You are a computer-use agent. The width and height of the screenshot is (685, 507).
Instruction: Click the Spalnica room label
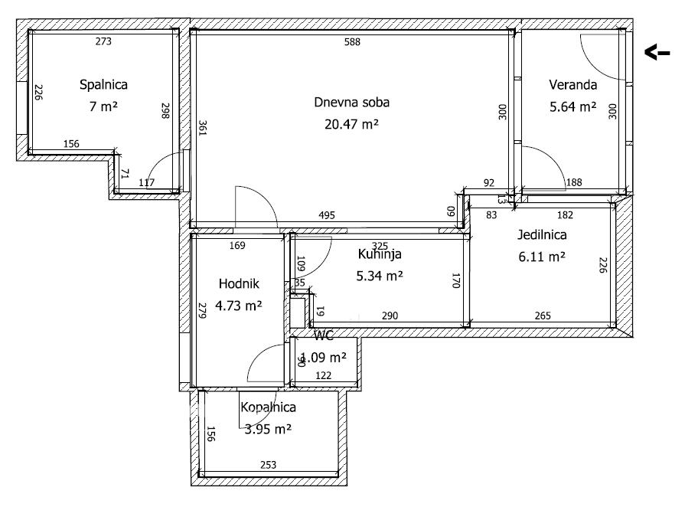pyautogui.click(x=103, y=85)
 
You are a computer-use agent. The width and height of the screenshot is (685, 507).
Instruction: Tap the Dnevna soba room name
pyautogui.click(x=346, y=102)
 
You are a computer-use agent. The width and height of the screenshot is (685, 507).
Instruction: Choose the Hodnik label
pyautogui.click(x=239, y=283)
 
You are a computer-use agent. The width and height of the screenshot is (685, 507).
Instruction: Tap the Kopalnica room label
pyautogui.click(x=268, y=408)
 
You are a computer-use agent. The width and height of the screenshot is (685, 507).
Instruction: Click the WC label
pyautogui.click(x=324, y=335)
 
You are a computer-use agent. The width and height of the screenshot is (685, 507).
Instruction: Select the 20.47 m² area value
pyautogui.click(x=346, y=123)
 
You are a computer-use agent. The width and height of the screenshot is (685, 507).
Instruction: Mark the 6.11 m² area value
pyautogui.click(x=542, y=258)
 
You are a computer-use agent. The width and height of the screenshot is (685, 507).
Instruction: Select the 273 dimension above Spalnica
pyautogui.click(x=103, y=41)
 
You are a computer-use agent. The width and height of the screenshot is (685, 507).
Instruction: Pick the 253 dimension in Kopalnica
pyautogui.click(x=268, y=465)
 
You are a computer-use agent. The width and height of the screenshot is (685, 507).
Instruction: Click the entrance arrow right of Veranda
pyautogui.click(x=657, y=53)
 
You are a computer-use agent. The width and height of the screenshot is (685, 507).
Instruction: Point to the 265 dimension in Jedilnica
pyautogui.click(x=544, y=316)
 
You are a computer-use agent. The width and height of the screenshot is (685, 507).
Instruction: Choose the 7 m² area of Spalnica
pyautogui.click(x=103, y=106)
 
